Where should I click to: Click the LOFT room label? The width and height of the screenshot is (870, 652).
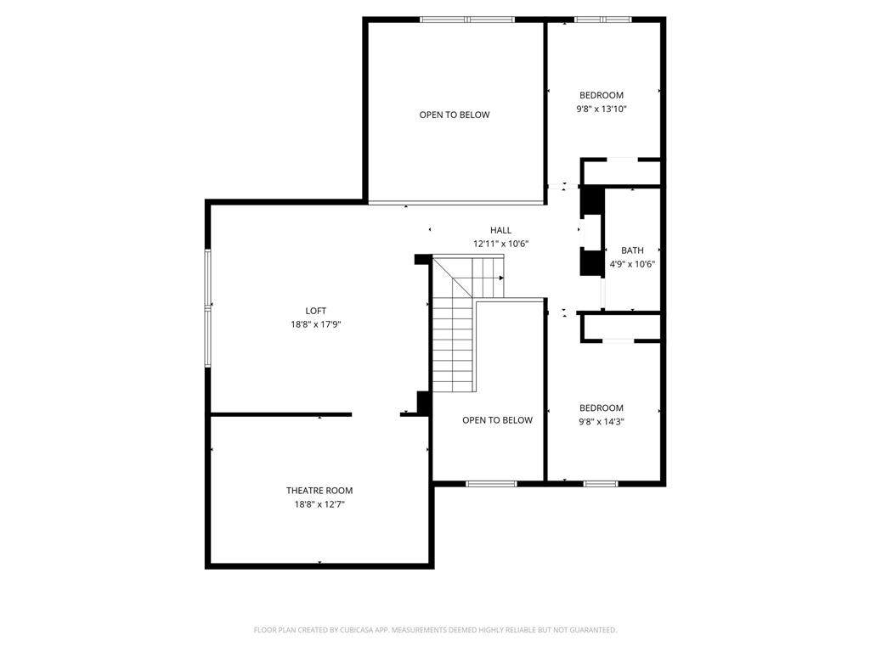coord(316,311)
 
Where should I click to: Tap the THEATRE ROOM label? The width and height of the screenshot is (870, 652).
coord(319,491)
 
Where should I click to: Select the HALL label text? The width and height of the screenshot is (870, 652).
coord(500,230)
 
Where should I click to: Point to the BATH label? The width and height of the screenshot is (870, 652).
coord(632,250)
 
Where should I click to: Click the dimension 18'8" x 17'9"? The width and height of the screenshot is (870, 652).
coord(316,324)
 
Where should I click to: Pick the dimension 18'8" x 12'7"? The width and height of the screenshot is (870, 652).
coord(319,504)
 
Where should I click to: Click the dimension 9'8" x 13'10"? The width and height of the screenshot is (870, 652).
coord(602,110)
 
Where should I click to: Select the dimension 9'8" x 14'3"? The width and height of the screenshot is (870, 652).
coord(602,422)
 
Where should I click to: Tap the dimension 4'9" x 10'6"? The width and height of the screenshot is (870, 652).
coord(632,265)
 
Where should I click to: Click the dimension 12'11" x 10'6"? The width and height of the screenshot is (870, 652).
coord(500,244)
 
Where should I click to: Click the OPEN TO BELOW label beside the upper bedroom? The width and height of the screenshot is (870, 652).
coord(455,115)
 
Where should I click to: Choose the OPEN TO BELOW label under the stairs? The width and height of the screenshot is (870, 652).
coord(497,420)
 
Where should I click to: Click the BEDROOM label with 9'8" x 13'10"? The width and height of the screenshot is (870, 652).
coord(602,95)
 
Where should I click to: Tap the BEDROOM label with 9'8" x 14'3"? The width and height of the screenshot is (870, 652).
coord(602,408)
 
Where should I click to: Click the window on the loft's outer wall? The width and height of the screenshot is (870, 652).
coord(208,307)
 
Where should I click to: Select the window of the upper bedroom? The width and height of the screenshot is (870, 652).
coord(602,20)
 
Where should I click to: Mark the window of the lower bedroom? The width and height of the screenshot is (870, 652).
coord(601,484)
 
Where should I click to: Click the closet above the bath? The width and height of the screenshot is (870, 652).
coord(621,172)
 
